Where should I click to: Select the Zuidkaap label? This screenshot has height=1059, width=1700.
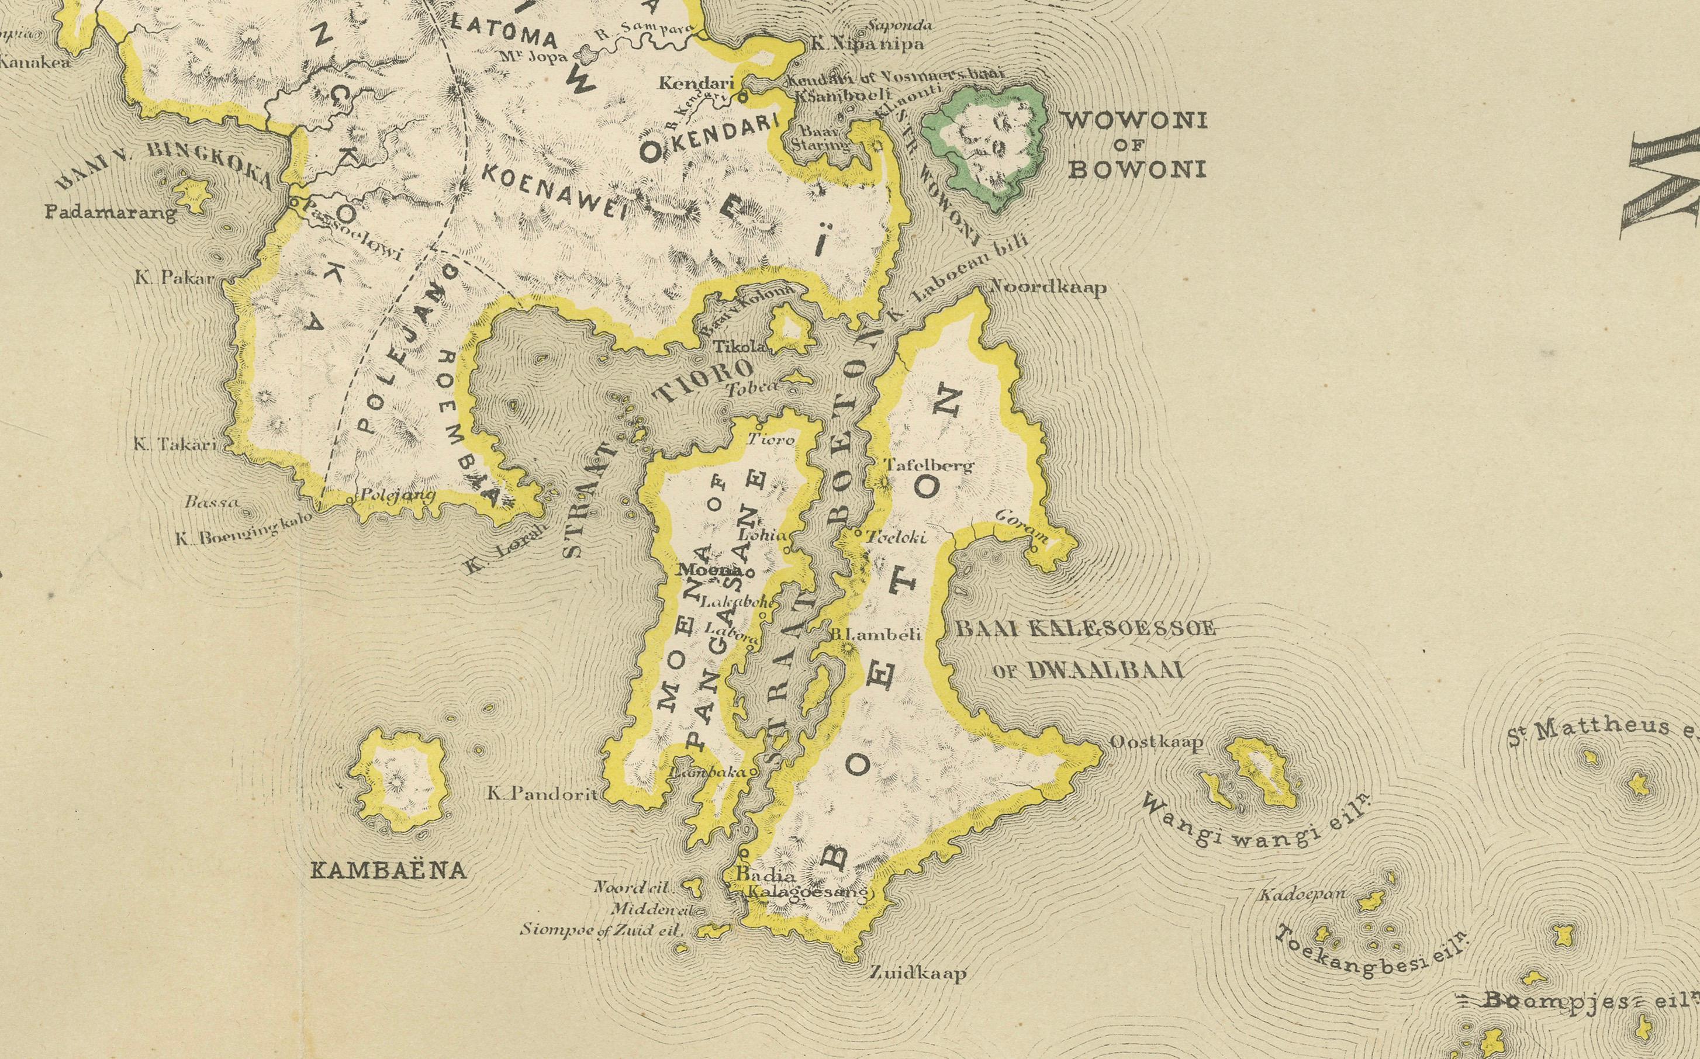pos(918,973)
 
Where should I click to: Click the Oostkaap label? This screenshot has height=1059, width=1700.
pos(1157,742)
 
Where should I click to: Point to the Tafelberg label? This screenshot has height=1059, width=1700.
pos(929,465)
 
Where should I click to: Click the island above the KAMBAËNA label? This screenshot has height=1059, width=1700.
pos(400,783)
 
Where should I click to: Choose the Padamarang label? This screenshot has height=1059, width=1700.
pos(110,212)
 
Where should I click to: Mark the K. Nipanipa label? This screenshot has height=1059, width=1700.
pos(867,43)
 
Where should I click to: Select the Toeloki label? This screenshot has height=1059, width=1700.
pos(897,537)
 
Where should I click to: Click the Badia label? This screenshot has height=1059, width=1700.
pos(754,875)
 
